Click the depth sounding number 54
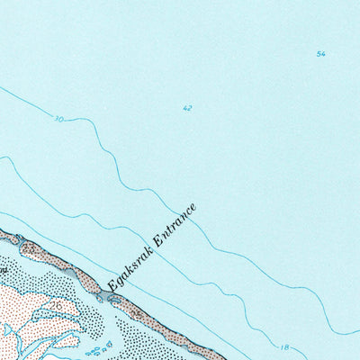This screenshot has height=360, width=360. click(x=320, y=54)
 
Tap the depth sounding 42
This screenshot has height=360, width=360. click(x=187, y=108)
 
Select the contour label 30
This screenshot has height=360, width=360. click(x=58, y=118)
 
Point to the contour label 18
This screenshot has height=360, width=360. click(x=284, y=347)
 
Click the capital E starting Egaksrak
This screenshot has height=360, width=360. click(x=112, y=286)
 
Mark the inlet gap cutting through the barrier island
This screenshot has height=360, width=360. click(x=96, y=294)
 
